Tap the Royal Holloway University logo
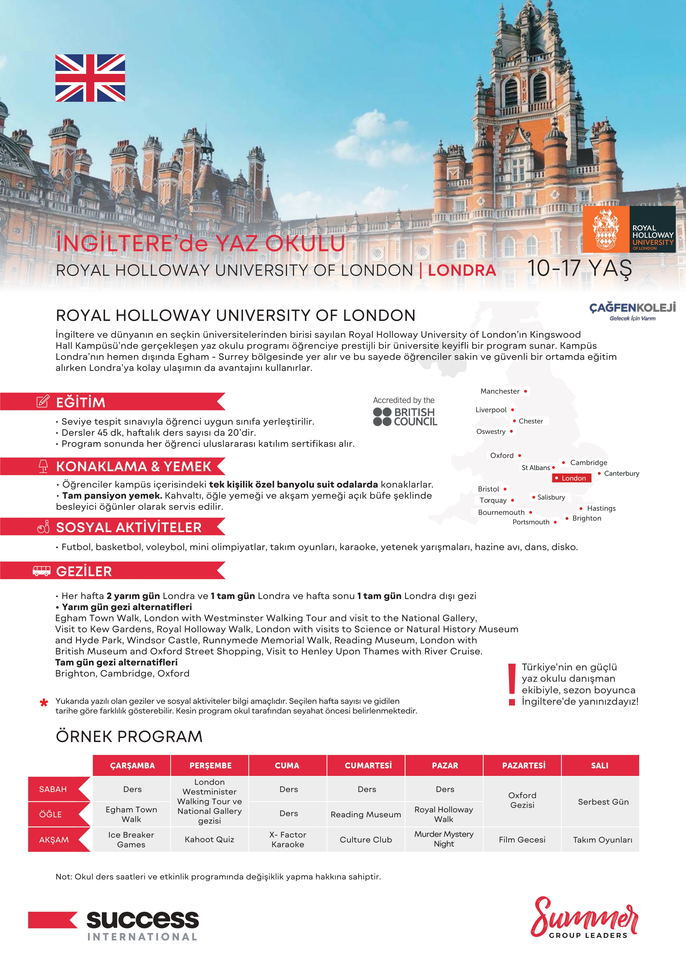coord(628,230)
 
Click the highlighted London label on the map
coord(572,478)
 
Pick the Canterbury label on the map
coord(621,473)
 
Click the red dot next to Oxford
coord(520,456)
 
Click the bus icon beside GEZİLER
coord(41,571)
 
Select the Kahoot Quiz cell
coord(210,840)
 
